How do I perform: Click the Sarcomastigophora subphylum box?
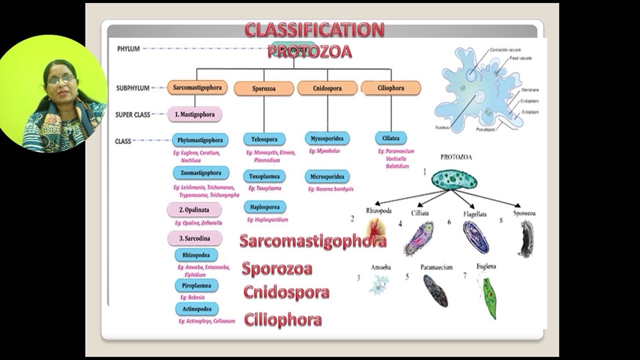pos(197,87)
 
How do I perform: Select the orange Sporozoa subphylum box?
pos(264,88)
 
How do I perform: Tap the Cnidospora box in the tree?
pos(327,88)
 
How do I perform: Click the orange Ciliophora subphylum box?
pos(390,88)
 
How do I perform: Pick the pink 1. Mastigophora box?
pos(194,114)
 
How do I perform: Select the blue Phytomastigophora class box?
pos(200,140)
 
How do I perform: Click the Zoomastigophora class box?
pos(201,173)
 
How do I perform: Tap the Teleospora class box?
pos(264,139)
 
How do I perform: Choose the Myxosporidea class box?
pos(326,138)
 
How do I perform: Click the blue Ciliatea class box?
pos(390,138)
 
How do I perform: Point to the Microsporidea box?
pos(326,176)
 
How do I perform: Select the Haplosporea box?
pos(265,206)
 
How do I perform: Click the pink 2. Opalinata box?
pos(194,210)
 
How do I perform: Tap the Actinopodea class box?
pos(196,309)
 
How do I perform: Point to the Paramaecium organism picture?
pos(435,290)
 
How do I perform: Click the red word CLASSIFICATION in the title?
pos(314,30)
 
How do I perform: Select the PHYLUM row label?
pos(128,49)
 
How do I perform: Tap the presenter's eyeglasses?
pos(61,79)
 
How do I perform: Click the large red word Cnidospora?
pos(286,292)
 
